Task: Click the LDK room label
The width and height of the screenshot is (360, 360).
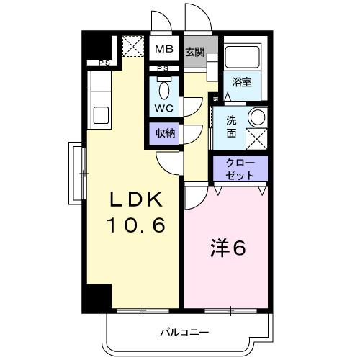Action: coord(137,199)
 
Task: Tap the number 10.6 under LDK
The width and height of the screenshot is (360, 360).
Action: coord(137,225)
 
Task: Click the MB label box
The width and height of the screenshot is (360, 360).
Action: coord(165,50)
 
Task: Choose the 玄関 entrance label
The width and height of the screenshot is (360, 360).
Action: coord(194,52)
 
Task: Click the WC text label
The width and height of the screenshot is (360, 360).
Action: coord(164,108)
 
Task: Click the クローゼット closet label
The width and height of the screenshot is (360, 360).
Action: coord(239,169)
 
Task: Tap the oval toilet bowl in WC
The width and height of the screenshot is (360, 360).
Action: coord(165,89)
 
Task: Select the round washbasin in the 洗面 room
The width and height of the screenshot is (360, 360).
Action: coord(256,117)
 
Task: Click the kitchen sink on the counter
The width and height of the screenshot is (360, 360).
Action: coord(99,114)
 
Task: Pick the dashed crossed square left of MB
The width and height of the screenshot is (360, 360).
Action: coord(133,48)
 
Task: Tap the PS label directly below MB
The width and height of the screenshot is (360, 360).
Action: coord(164,68)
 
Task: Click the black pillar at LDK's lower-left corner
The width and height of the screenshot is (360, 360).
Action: coord(99,297)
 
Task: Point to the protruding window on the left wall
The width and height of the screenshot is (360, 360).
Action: coord(76,173)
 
